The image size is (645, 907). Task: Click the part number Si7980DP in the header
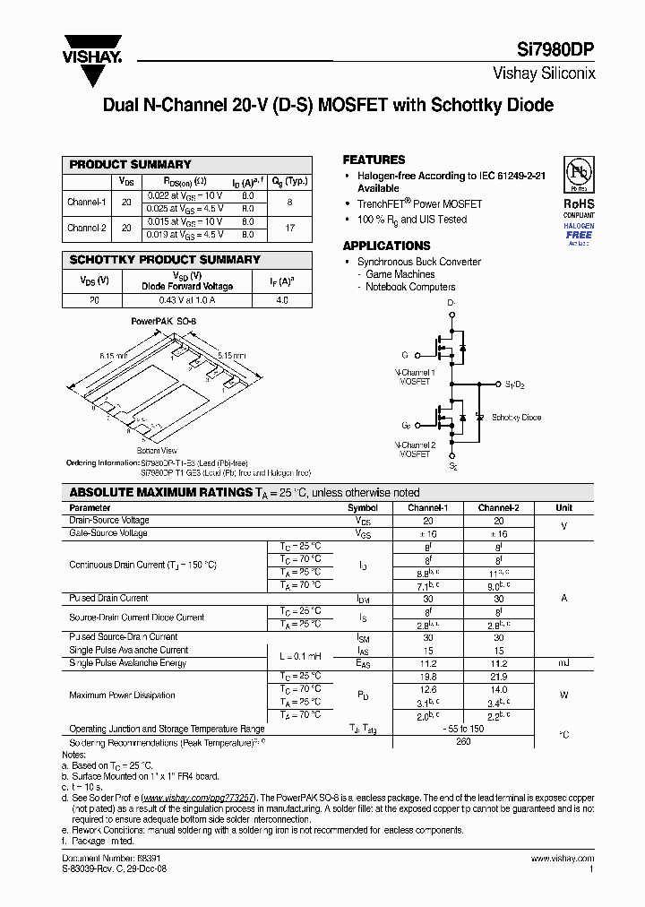557,51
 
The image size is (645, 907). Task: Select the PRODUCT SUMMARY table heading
131,165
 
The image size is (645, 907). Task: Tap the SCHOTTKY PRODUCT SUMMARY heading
165,260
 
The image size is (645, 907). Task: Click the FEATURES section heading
374,160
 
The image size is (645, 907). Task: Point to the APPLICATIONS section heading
386,246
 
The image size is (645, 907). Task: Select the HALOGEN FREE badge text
578,231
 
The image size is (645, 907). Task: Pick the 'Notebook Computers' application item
410,287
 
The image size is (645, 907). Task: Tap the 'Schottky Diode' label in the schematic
517,418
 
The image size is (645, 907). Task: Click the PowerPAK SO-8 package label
163,320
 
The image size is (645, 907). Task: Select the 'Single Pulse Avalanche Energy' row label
128,663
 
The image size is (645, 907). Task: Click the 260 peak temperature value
463,742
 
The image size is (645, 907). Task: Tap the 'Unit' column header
564,507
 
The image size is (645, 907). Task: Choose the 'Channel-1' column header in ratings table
427,507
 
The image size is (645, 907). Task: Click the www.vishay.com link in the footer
564,858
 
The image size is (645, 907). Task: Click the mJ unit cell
564,663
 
